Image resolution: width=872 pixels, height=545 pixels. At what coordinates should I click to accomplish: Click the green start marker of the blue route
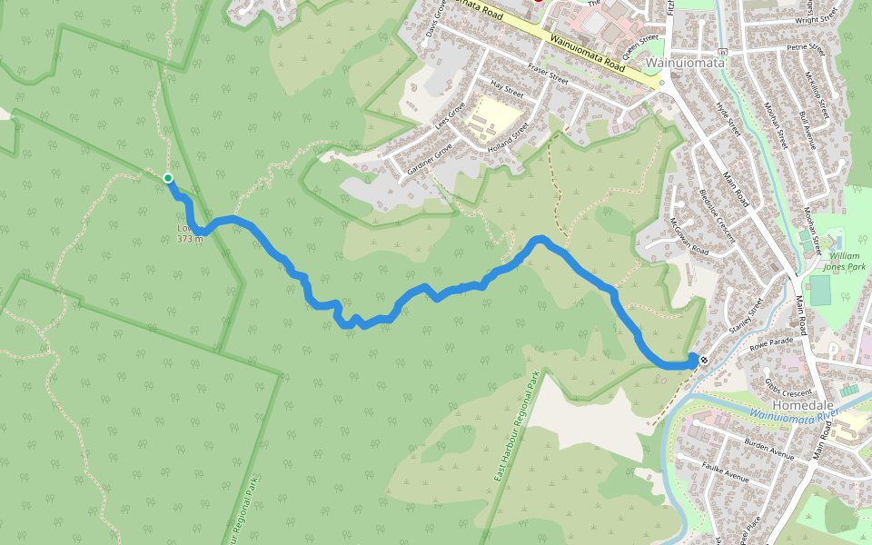(x=168, y=178)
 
